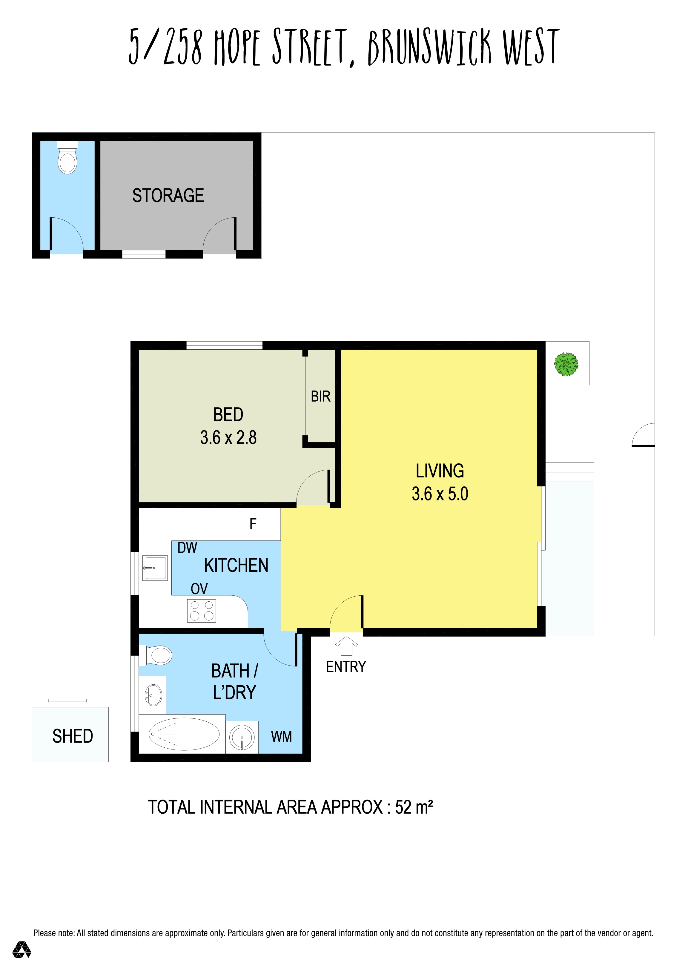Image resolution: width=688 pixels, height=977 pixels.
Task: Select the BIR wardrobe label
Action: point(320,397)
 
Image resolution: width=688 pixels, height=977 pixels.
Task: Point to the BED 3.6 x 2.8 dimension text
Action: point(228,437)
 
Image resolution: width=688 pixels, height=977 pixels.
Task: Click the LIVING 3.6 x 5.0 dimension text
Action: point(440,494)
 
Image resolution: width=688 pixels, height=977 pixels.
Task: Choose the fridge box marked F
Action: point(253,524)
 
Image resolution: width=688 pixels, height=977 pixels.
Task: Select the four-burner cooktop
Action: point(202,611)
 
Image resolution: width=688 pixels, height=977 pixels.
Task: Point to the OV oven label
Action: point(199,589)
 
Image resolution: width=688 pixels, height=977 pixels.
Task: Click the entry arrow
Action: point(346,646)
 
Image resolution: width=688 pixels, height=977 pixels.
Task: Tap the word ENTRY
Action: point(346,667)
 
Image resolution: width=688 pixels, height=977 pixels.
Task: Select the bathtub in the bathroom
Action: point(184,734)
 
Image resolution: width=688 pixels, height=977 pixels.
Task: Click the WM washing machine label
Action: point(281,737)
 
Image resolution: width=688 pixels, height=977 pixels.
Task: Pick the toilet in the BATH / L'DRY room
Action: point(156,655)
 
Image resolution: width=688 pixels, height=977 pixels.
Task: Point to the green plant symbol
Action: point(566,364)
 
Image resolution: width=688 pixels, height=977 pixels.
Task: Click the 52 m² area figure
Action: point(414,807)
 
